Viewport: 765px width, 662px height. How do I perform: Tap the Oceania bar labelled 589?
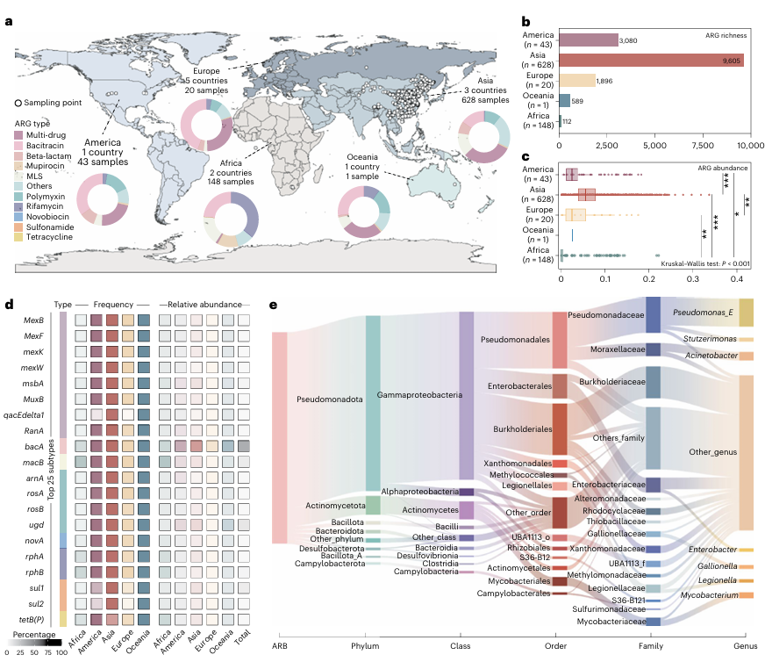tap(565, 100)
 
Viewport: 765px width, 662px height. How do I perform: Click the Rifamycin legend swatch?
tap(19, 207)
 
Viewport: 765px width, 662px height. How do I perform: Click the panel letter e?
tap(273, 305)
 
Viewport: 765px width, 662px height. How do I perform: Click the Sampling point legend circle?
tap(19, 103)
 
